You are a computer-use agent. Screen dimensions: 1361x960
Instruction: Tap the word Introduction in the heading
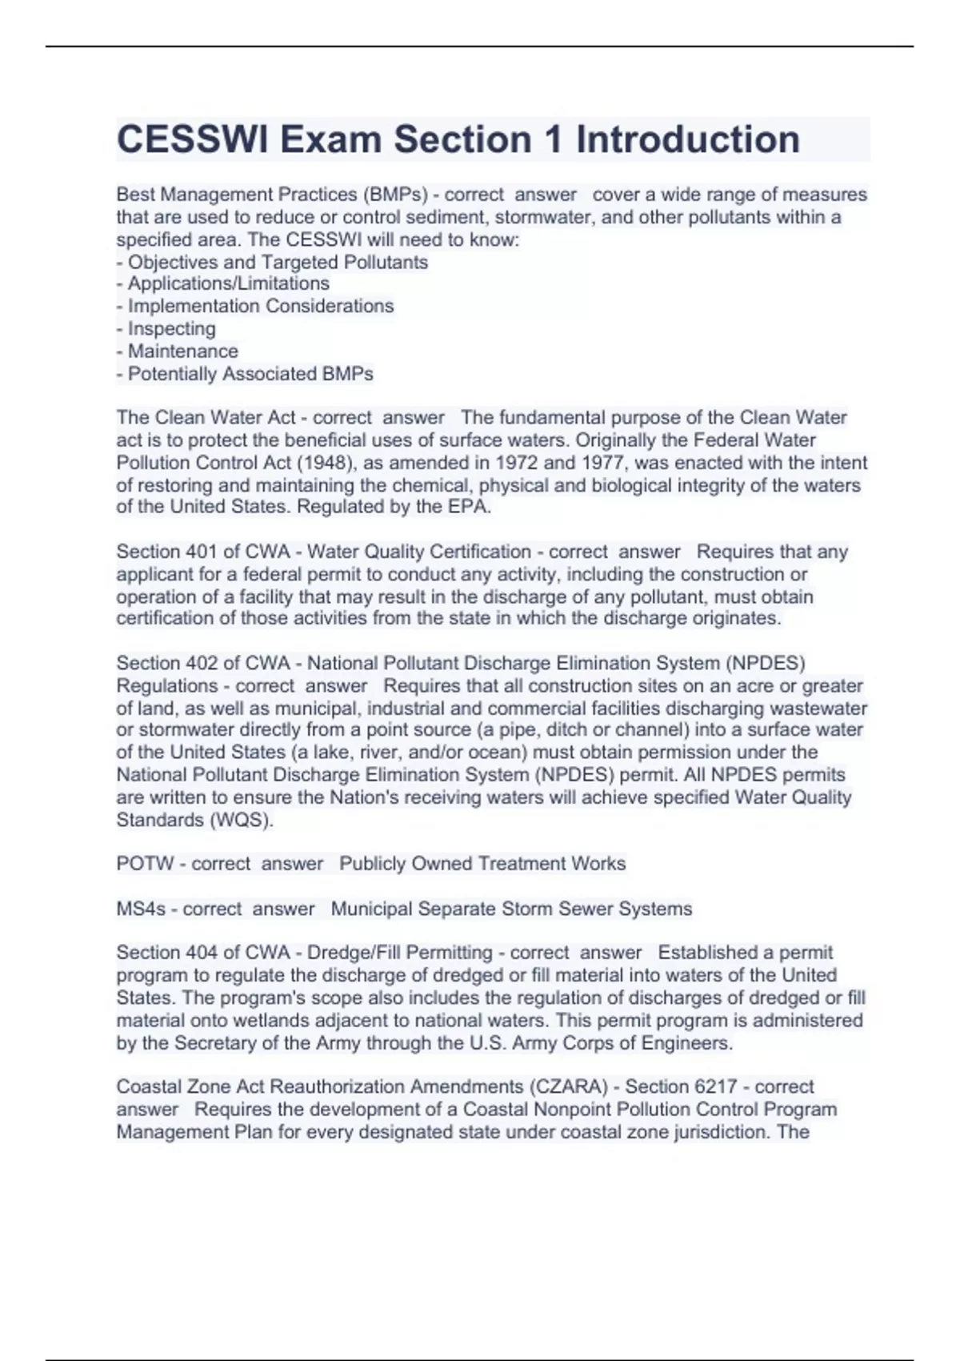pyautogui.click(x=688, y=139)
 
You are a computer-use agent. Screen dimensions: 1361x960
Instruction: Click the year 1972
pyautogui.click(x=518, y=463)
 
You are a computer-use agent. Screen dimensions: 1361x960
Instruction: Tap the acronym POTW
pyautogui.click(x=145, y=864)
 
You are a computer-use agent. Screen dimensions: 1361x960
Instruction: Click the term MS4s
pyautogui.click(x=141, y=909)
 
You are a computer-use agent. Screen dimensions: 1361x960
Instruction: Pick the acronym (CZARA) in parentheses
pyautogui.click(x=567, y=1086)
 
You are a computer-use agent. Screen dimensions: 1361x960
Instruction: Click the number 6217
pyautogui.click(x=721, y=1086)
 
